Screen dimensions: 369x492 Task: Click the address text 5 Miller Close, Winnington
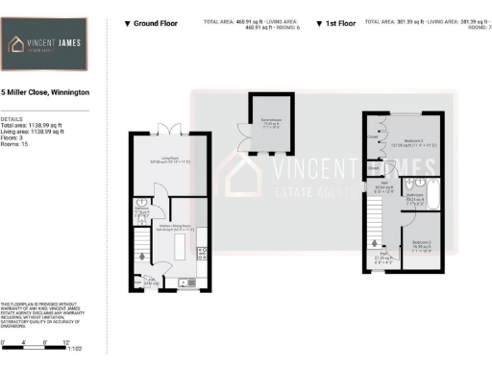(45, 92)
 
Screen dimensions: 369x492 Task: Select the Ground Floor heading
(156, 22)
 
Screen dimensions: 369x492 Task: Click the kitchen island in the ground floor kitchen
(179, 253)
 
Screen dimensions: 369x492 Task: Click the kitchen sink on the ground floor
(186, 283)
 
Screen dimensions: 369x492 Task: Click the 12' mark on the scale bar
(66, 341)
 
